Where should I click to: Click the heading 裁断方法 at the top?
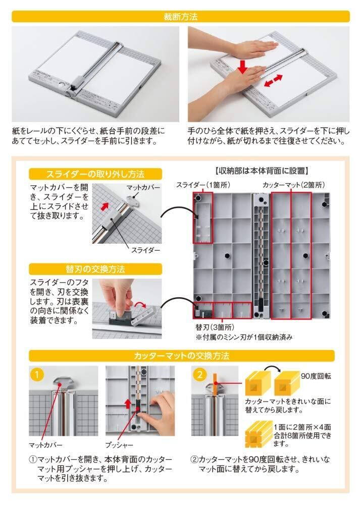tap(180, 17)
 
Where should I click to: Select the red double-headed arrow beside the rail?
tap(273, 81)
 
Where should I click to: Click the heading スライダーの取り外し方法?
tap(95, 174)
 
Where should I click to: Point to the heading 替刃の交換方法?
tap(95, 269)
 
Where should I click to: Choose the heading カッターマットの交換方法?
tap(181, 356)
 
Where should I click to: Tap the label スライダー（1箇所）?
tap(203, 185)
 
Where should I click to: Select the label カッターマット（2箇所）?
tap(294, 185)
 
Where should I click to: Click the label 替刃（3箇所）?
tap(215, 327)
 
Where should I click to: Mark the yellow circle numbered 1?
tap(37, 374)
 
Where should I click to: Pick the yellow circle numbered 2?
tap(200, 374)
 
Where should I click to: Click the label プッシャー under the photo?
tap(119, 445)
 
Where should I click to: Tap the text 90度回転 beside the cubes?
tap(316, 376)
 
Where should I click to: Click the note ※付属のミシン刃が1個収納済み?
tap(244, 337)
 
